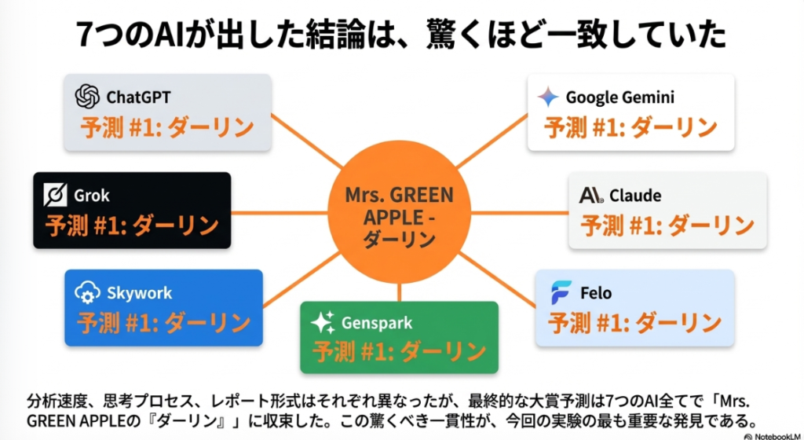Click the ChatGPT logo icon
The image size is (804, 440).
87,97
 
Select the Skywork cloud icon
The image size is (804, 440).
86,293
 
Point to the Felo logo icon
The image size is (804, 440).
561,293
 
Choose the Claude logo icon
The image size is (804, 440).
590,196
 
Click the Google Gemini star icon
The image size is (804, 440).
548,97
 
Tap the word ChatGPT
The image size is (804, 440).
138,97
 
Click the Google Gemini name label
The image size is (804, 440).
619,98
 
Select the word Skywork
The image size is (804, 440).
139,294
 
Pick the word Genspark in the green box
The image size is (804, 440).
376,323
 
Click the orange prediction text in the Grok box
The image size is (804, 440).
131,226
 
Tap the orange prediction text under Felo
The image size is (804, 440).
634,322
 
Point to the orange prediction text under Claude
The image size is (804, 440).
667,225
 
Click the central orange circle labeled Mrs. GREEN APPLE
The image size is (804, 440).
400,211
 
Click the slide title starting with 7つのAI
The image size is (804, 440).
401,35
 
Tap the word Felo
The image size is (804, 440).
597,294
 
